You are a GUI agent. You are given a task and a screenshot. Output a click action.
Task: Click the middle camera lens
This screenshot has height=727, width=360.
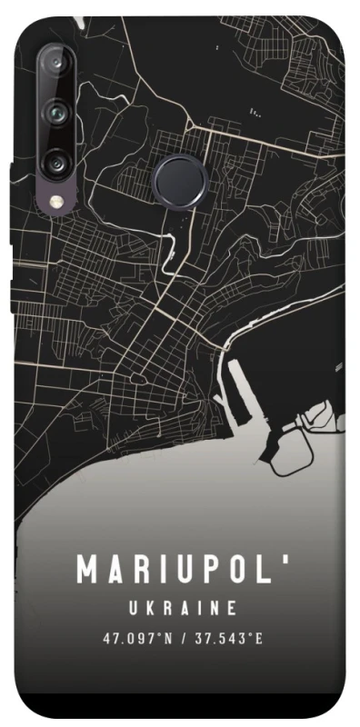pos(56,113)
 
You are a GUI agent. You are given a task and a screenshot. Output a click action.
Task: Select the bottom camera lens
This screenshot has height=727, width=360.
pos(56,164)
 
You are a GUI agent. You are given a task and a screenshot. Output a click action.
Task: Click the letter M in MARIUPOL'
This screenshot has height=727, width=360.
pos(88,571)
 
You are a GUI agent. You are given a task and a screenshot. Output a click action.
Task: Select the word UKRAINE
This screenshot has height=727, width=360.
pos(183,607)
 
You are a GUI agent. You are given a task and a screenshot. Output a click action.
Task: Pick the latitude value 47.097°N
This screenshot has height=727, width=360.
pos(135,639)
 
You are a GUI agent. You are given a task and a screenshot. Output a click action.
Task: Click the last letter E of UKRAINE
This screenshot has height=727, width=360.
pos(233,607)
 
